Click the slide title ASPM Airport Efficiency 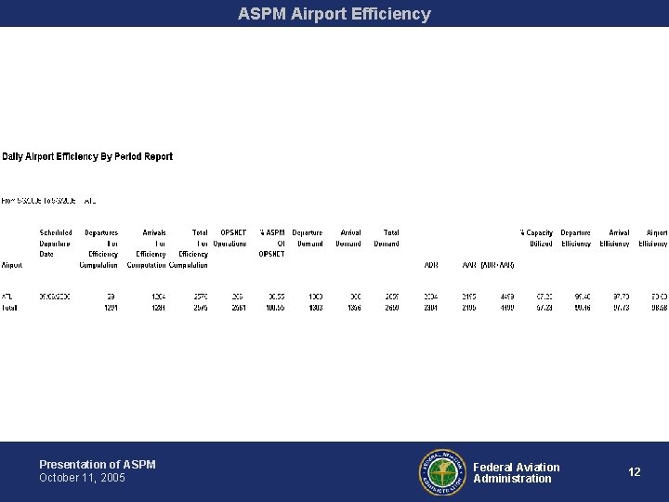click(x=334, y=14)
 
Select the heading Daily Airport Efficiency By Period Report click(x=87, y=157)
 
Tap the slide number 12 click(x=634, y=472)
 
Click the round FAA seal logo click(x=440, y=472)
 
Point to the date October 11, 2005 click(x=82, y=478)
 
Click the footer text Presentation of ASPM click(x=98, y=464)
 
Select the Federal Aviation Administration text click(x=516, y=472)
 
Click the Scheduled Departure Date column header click(x=56, y=244)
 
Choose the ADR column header click(x=430, y=265)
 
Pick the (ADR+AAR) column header click(x=497, y=265)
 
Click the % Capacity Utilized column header click(x=536, y=238)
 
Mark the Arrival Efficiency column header click(x=614, y=238)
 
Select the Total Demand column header click(x=387, y=238)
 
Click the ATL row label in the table click(x=8, y=297)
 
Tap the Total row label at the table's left click(x=10, y=308)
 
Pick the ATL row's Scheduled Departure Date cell click(x=56, y=297)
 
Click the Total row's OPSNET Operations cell click(x=238, y=308)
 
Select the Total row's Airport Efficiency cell click(x=658, y=308)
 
